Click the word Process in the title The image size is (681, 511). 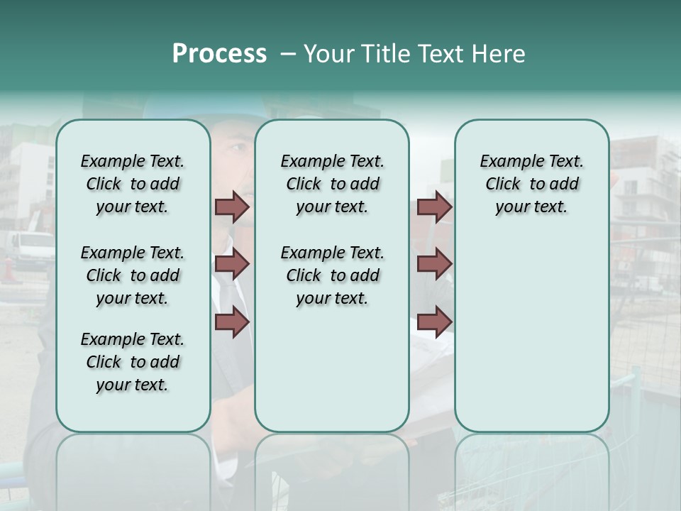219,54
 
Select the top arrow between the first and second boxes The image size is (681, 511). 232,207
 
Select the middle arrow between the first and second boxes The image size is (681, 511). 232,265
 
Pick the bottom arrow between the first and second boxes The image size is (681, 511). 232,322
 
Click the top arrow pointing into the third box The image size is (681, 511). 434,207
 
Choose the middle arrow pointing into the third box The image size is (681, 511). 434,265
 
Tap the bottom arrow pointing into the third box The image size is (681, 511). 434,322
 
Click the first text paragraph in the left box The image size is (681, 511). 133,184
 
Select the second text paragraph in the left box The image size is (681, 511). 133,275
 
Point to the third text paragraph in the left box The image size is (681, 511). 133,362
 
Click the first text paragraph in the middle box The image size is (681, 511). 332,184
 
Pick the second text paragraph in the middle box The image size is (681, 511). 332,275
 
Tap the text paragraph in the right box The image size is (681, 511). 531,184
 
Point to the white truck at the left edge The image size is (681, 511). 32,248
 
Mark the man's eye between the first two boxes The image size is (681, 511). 238,149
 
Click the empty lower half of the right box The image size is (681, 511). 531,341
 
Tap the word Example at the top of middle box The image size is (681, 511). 306,162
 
